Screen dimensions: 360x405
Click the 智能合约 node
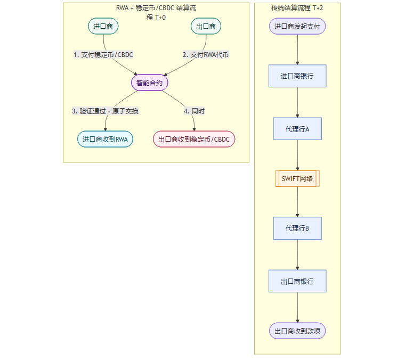pyautogui.click(x=150, y=83)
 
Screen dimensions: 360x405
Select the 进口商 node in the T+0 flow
pyautogui.click(x=103, y=26)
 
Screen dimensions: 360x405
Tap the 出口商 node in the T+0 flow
pyautogui.click(x=206, y=26)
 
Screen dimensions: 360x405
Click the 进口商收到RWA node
pyautogui.click(x=105, y=139)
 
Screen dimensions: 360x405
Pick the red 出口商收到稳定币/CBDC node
pyautogui.click(x=194, y=139)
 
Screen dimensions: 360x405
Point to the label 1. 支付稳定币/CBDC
pyautogui.click(x=103, y=54)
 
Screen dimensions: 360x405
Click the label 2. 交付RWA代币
pyautogui.click(x=206, y=54)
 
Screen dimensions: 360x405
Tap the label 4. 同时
pyautogui.click(x=194, y=111)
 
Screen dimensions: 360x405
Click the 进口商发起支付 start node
pyautogui.click(x=297, y=26)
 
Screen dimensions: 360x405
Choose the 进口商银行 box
pyautogui.click(x=297, y=76)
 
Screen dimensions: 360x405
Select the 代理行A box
pyautogui.click(x=297, y=129)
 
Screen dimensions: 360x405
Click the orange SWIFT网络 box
pyautogui.click(x=297, y=178)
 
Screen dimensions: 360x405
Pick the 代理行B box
pyautogui.click(x=297, y=228)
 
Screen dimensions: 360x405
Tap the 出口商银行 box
pyautogui.click(x=297, y=281)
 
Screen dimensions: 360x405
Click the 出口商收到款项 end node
pyautogui.click(x=297, y=331)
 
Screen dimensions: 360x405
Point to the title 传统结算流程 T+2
pyautogui.click(x=297, y=9)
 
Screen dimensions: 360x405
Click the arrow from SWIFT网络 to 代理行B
pyautogui.click(x=297, y=202)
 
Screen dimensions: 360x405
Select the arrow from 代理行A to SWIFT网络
pyautogui.click(x=297, y=155)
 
